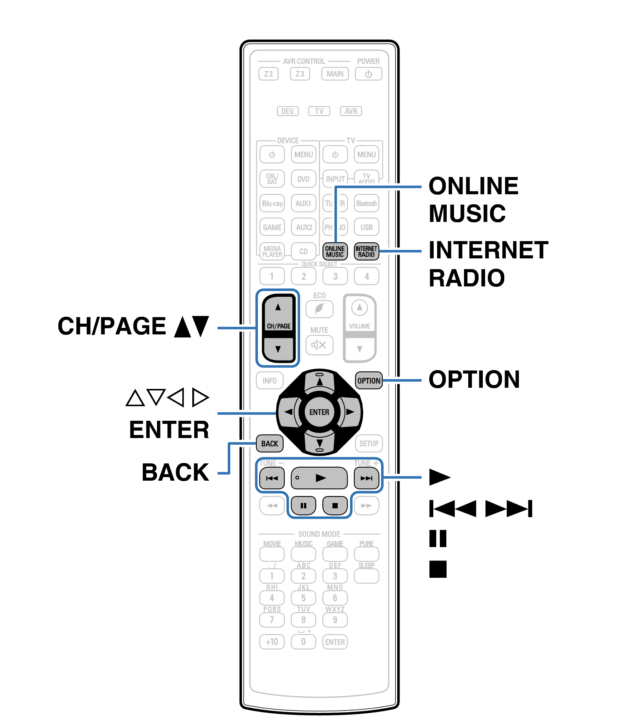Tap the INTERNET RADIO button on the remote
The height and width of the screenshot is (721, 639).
point(366,251)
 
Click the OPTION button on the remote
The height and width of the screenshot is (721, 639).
point(369,380)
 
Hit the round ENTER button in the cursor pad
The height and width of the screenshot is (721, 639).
point(319,412)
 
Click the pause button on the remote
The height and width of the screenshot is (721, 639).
point(303,506)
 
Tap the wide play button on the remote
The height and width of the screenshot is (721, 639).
point(319,478)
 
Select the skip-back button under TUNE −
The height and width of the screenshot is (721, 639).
point(272,478)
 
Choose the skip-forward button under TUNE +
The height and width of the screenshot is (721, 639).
point(367,478)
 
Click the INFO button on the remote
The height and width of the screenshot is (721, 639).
point(269,380)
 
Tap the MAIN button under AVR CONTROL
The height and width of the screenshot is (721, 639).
point(335,74)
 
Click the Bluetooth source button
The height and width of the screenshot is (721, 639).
point(367,203)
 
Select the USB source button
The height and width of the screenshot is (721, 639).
point(367,227)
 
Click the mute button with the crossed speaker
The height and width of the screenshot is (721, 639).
point(319,345)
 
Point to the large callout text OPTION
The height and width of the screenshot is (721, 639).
point(474,380)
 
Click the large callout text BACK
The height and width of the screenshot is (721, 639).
point(175,472)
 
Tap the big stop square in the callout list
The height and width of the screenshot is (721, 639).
point(438,569)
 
